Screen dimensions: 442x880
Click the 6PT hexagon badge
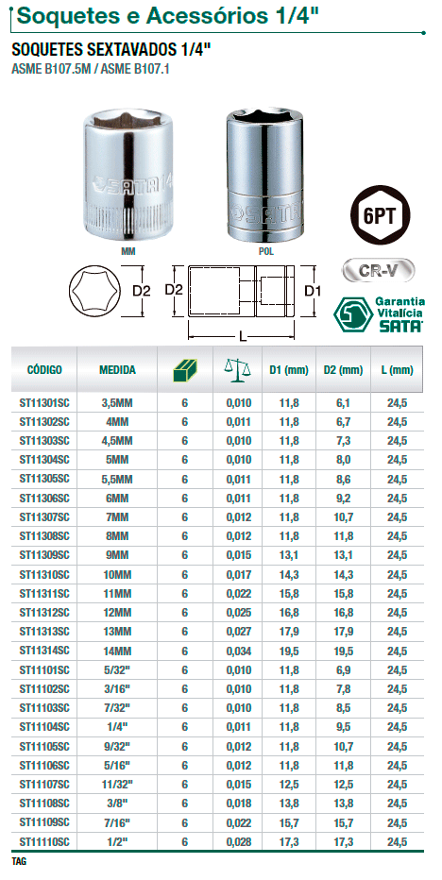click(x=381, y=213)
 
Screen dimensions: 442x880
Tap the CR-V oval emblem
click(x=378, y=270)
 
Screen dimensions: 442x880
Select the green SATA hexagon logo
click(x=352, y=314)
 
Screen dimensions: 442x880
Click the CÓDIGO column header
click(x=44, y=370)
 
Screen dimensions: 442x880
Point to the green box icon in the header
click(x=185, y=370)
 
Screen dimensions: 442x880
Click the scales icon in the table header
click(x=237, y=370)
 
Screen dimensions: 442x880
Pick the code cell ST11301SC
click(x=44, y=402)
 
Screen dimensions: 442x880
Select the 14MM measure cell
click(x=117, y=651)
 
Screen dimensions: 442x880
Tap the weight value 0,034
click(x=239, y=651)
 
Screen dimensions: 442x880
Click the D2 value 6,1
click(x=343, y=402)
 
